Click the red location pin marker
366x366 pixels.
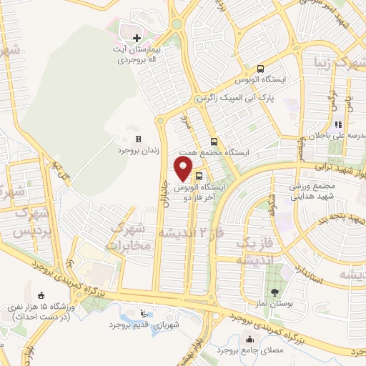coord(184,169)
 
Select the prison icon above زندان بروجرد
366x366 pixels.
coord(138,139)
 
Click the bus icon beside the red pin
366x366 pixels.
coord(199,175)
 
